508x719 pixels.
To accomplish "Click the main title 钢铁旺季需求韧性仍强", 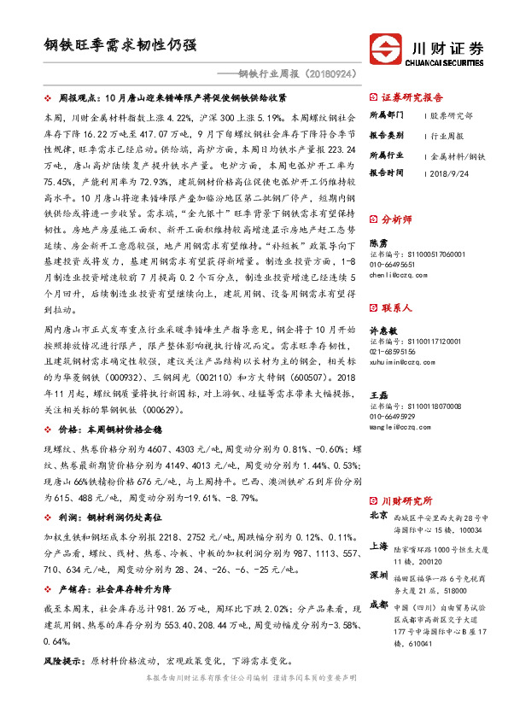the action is pyautogui.click(x=120, y=44).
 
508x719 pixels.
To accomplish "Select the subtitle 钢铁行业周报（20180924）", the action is pyautogui.click(x=287, y=73).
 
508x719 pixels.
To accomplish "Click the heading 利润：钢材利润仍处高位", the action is pyautogui.click(x=114, y=518).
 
